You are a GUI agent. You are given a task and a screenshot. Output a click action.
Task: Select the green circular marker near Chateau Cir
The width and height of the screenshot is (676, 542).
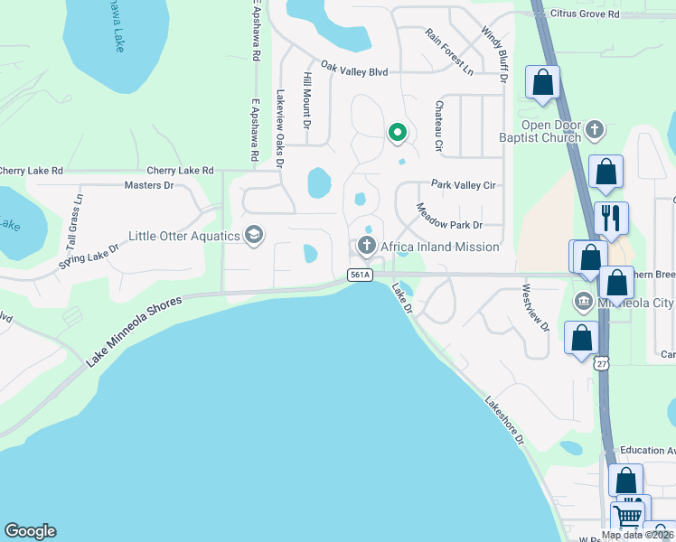(397, 134)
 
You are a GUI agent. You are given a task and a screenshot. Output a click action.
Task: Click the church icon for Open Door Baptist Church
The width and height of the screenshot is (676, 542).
(595, 130)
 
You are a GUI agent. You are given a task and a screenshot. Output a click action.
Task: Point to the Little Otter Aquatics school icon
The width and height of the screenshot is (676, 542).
(254, 236)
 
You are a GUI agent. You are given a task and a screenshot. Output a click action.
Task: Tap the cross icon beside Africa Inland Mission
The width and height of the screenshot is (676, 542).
(366, 245)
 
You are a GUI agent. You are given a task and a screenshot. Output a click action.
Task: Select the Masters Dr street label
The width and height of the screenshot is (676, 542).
(148, 185)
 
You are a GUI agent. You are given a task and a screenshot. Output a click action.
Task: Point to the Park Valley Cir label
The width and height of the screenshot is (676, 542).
(464, 184)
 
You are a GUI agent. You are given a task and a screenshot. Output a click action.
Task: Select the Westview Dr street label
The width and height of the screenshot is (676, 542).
(535, 309)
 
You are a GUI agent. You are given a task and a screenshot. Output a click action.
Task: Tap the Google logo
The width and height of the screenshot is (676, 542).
(30, 531)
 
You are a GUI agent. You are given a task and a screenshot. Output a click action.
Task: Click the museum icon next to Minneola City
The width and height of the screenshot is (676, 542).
(584, 300)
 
